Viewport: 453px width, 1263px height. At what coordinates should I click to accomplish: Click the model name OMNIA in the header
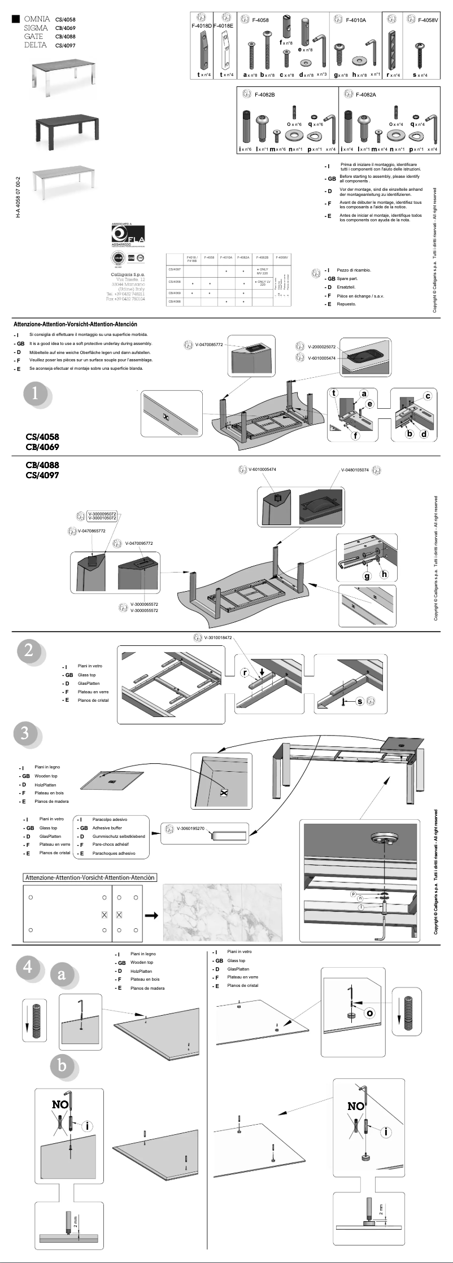click(37, 19)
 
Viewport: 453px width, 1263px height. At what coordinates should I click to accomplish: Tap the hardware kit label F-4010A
click(356, 20)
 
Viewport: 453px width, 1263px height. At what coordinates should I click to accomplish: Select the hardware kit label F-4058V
click(428, 20)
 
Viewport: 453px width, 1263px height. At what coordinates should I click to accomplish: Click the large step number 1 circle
click(35, 392)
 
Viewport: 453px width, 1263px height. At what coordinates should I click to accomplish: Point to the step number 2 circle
click(28, 650)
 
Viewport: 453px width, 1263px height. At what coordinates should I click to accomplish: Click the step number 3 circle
click(25, 733)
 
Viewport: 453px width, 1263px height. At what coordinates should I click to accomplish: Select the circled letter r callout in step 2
click(245, 672)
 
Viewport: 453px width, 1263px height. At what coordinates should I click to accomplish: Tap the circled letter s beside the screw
click(360, 701)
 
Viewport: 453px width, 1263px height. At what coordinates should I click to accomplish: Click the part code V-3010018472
click(218, 637)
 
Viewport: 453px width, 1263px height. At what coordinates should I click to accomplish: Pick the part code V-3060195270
click(190, 828)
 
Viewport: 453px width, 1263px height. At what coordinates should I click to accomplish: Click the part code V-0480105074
click(355, 470)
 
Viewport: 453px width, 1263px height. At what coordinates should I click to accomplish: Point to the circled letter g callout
click(367, 576)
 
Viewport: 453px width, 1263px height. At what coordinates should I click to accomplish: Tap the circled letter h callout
click(385, 574)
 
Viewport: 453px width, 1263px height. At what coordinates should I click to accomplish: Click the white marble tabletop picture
click(222, 912)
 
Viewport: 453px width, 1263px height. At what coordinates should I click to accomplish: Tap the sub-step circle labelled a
click(62, 974)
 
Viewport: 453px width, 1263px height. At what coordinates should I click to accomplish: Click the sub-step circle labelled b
click(62, 1065)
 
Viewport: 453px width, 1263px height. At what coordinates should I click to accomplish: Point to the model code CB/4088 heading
click(42, 465)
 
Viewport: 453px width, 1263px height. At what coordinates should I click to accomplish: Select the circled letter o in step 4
click(369, 1012)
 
